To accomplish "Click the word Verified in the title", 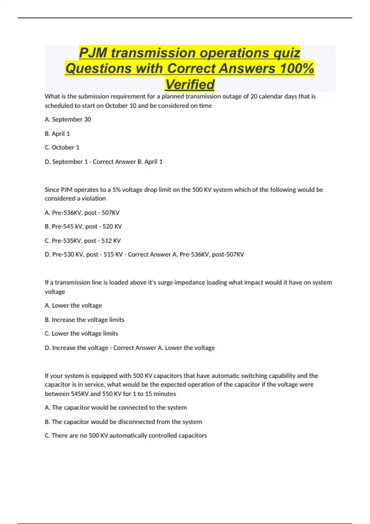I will (x=190, y=84).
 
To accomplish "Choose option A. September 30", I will (x=68, y=119).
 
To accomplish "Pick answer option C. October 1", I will (x=62, y=147).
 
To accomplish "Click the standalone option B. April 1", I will (x=57, y=133).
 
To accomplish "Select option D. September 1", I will (x=66, y=162).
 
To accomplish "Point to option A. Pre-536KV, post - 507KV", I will (x=82, y=212).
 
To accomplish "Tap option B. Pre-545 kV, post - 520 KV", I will (x=83, y=226).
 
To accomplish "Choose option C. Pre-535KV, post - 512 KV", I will (x=83, y=240).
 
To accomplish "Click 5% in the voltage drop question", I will (x=117, y=190).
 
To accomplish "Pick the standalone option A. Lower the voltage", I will (x=73, y=305).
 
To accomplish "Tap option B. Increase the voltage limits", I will (x=84, y=320).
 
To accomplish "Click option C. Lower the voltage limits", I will (x=81, y=333).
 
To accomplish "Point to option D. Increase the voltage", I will (x=76, y=348).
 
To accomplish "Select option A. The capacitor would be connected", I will (x=116, y=407).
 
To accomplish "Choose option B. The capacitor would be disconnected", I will (x=123, y=421).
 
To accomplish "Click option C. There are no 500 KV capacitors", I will (x=126, y=435).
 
